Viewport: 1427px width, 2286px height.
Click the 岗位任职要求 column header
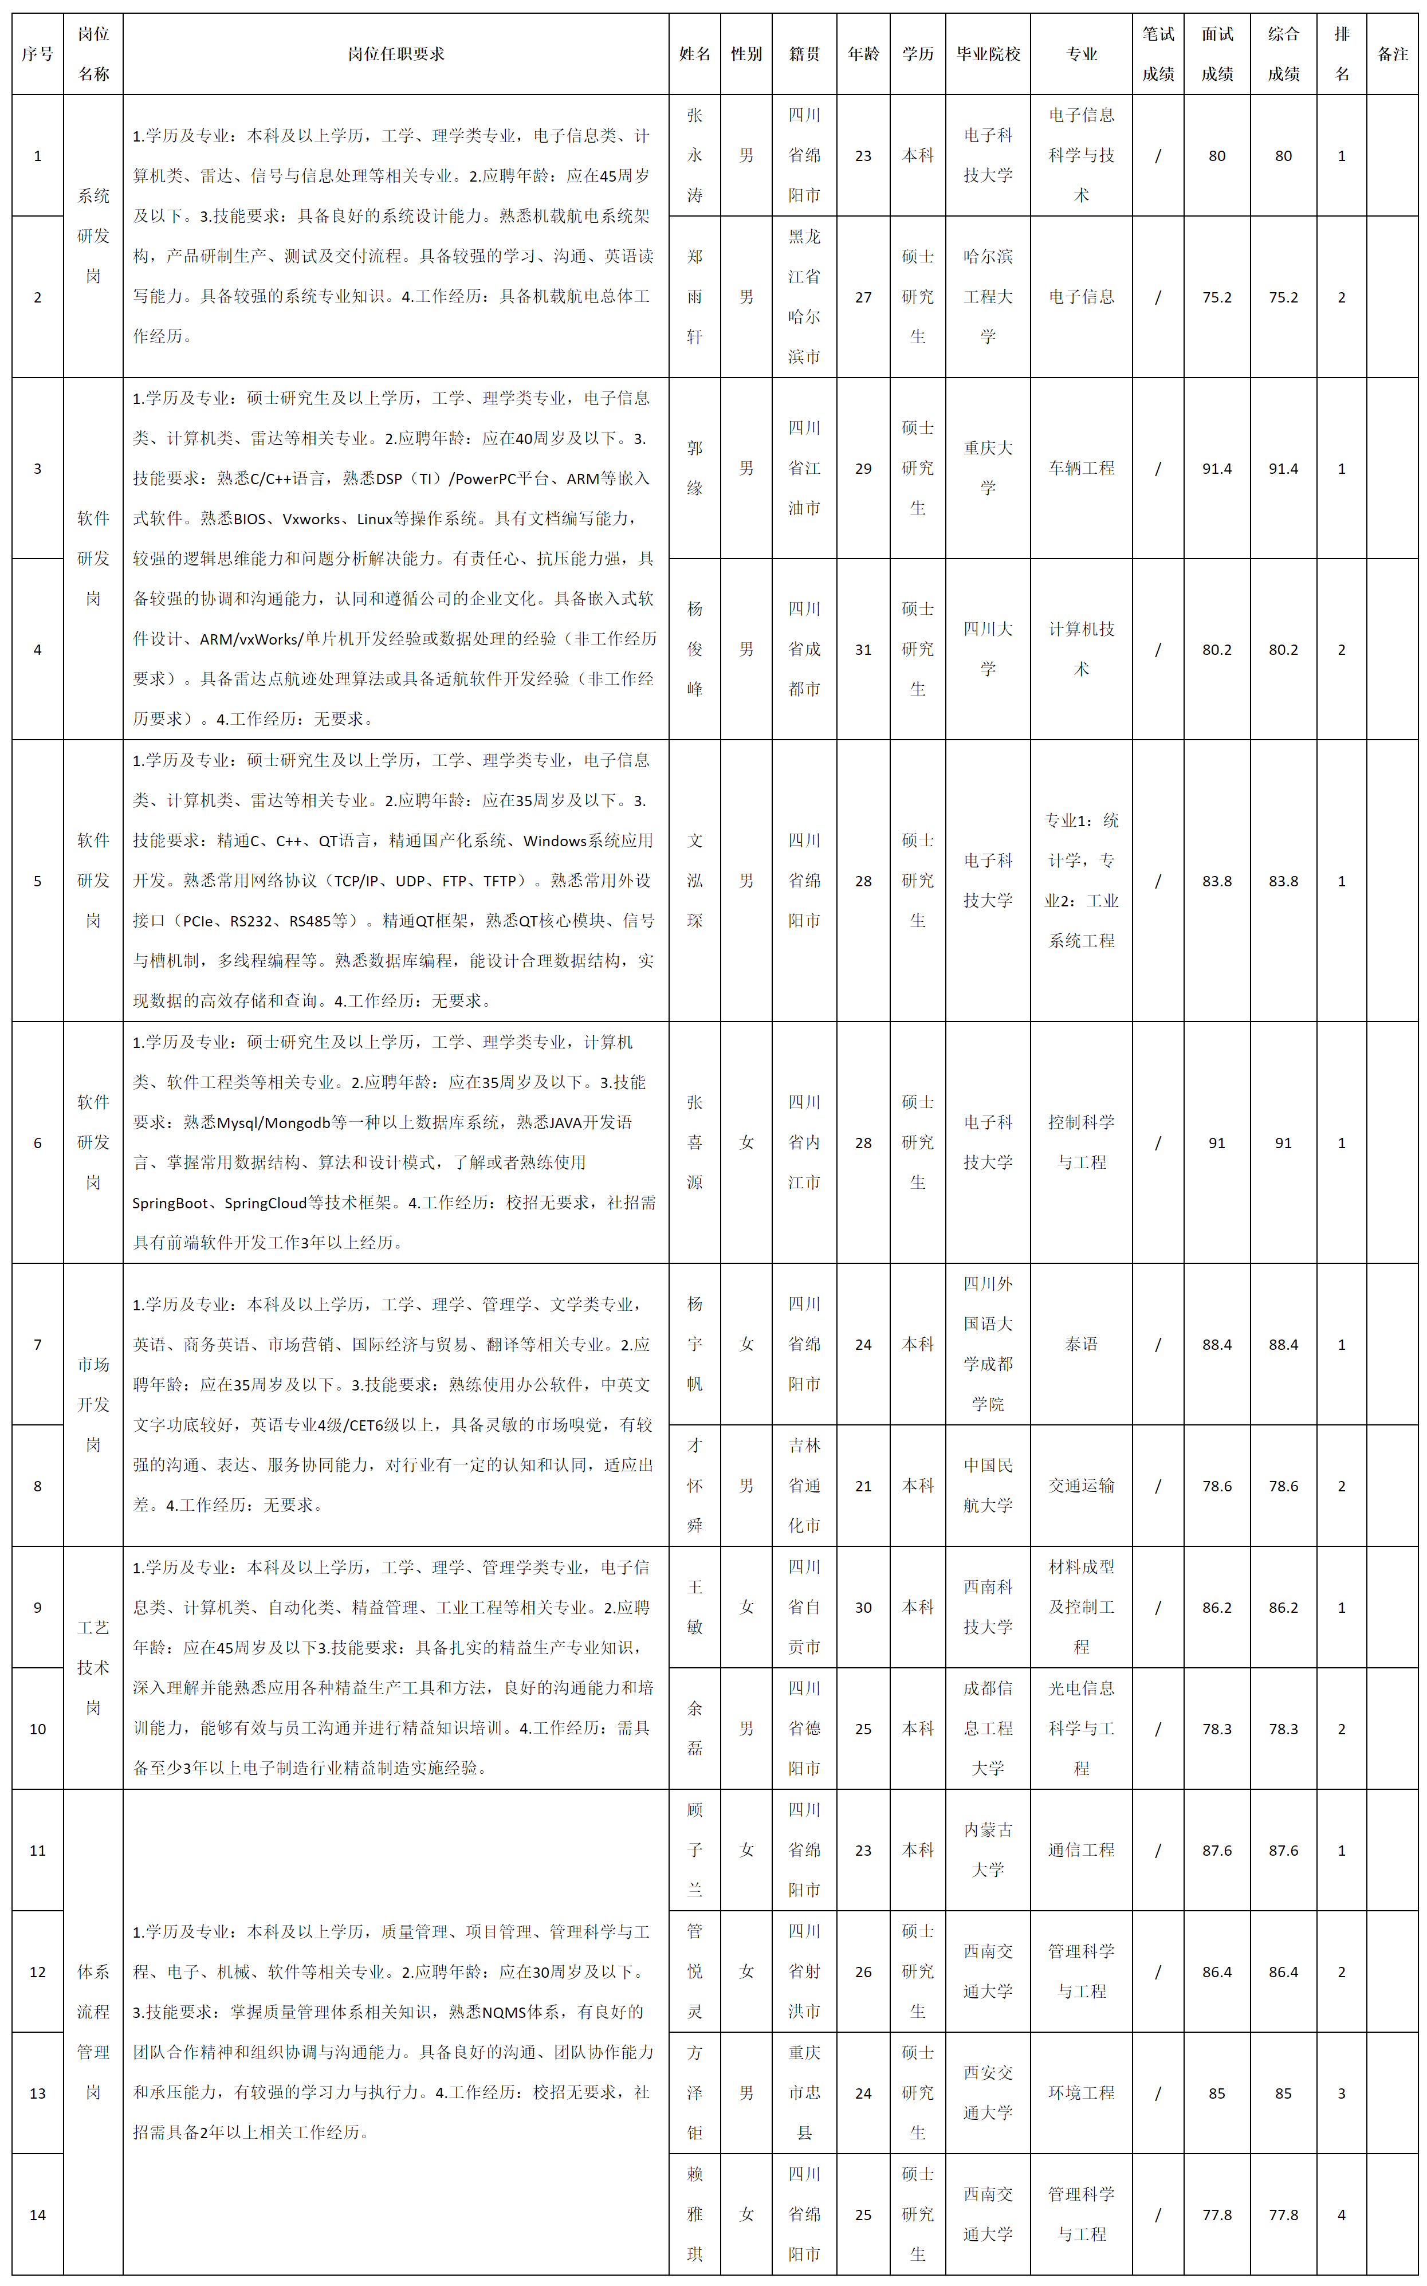tap(395, 54)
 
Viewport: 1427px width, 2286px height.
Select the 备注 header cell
tap(1392, 54)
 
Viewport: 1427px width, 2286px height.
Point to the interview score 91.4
tap(1217, 468)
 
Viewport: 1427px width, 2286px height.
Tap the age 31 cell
tap(863, 649)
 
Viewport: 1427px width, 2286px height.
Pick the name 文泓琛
tap(695, 881)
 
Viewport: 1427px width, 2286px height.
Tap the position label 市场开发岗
tap(93, 1404)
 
